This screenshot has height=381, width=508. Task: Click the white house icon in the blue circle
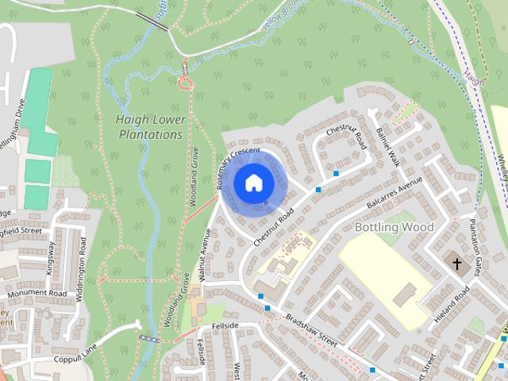252,183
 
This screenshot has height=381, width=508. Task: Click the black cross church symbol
457,263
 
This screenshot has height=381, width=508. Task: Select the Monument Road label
36,293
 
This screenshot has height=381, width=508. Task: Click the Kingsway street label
50,259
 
